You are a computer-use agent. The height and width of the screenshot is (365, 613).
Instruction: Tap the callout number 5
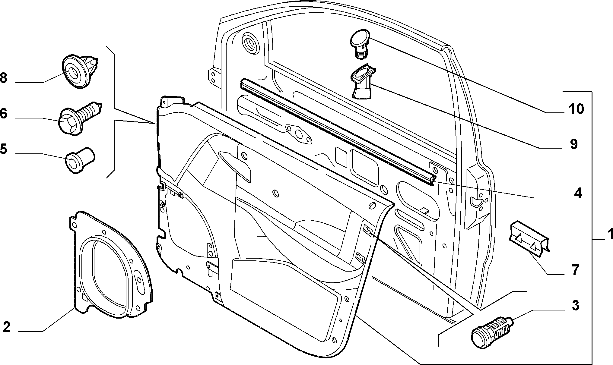point(3,149)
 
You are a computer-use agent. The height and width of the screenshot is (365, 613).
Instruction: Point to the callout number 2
point(7,327)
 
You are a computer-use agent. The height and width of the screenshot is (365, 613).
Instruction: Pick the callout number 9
point(573,144)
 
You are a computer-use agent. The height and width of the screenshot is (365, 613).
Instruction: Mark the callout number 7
point(575,270)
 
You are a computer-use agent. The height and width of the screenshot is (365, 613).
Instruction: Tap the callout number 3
point(576,305)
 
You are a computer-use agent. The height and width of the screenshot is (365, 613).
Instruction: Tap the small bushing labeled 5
point(80,160)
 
